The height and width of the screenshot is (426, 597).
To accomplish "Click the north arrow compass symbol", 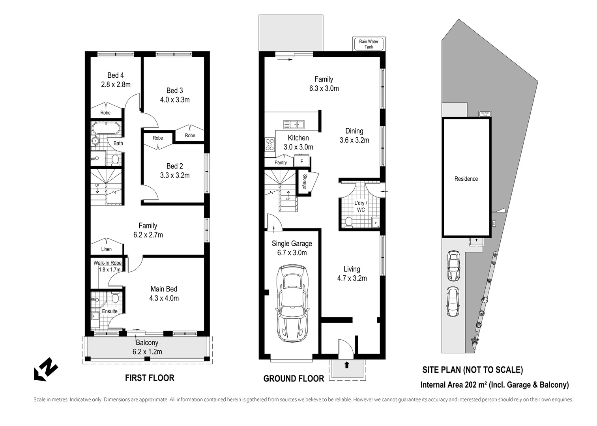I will click(45, 369).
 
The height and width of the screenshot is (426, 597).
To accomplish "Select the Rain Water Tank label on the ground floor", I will click(369, 44).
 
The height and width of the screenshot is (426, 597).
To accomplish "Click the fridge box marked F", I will click(302, 161).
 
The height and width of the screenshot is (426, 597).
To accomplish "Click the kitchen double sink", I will click(294, 124).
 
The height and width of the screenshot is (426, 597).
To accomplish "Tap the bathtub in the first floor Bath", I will click(105, 128).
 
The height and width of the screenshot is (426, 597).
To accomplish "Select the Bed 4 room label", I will click(116, 75).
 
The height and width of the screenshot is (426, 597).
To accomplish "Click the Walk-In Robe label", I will click(107, 263).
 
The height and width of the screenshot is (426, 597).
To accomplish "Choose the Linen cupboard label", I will click(106, 249).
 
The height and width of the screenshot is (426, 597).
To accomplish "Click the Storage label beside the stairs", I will click(305, 181).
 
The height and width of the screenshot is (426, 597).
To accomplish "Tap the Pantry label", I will click(281, 163).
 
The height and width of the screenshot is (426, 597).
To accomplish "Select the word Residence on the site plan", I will click(466, 179).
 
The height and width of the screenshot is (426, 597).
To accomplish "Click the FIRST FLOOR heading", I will click(150, 378).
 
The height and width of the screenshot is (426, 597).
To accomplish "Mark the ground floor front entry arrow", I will click(346, 365).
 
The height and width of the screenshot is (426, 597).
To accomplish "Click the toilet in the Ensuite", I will click(115, 298).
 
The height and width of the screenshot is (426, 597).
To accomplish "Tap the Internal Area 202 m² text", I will click(494, 385).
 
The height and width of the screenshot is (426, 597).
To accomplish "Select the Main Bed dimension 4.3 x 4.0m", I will click(164, 298).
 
